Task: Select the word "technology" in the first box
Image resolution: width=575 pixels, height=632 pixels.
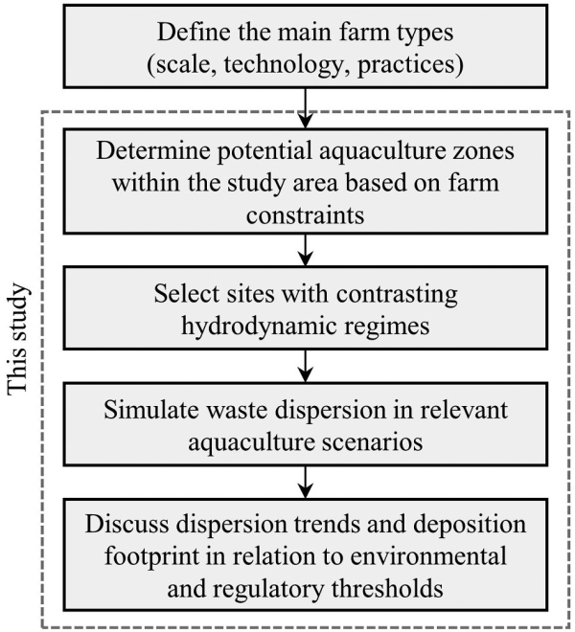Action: pos(283,64)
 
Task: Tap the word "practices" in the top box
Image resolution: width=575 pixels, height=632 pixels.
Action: pos(406,65)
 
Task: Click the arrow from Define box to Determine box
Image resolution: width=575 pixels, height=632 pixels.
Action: pos(306,108)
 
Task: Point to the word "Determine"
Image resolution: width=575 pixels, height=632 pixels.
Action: pos(153,150)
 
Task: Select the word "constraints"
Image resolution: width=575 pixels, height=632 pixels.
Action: pos(306,214)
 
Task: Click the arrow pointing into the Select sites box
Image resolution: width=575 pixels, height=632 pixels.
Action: pos(306,250)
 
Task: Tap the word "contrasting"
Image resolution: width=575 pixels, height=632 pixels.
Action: pos(397,295)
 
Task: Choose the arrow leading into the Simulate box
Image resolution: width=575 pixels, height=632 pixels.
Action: pos(306,367)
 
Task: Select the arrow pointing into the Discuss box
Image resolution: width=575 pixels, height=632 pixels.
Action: pos(306,483)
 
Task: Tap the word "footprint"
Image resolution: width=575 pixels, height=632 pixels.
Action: pos(152,557)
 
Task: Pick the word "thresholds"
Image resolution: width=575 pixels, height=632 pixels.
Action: pos(387,589)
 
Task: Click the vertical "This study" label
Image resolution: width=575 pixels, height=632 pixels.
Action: pos(18,339)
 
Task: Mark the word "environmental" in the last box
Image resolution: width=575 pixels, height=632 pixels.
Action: pos(428,556)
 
